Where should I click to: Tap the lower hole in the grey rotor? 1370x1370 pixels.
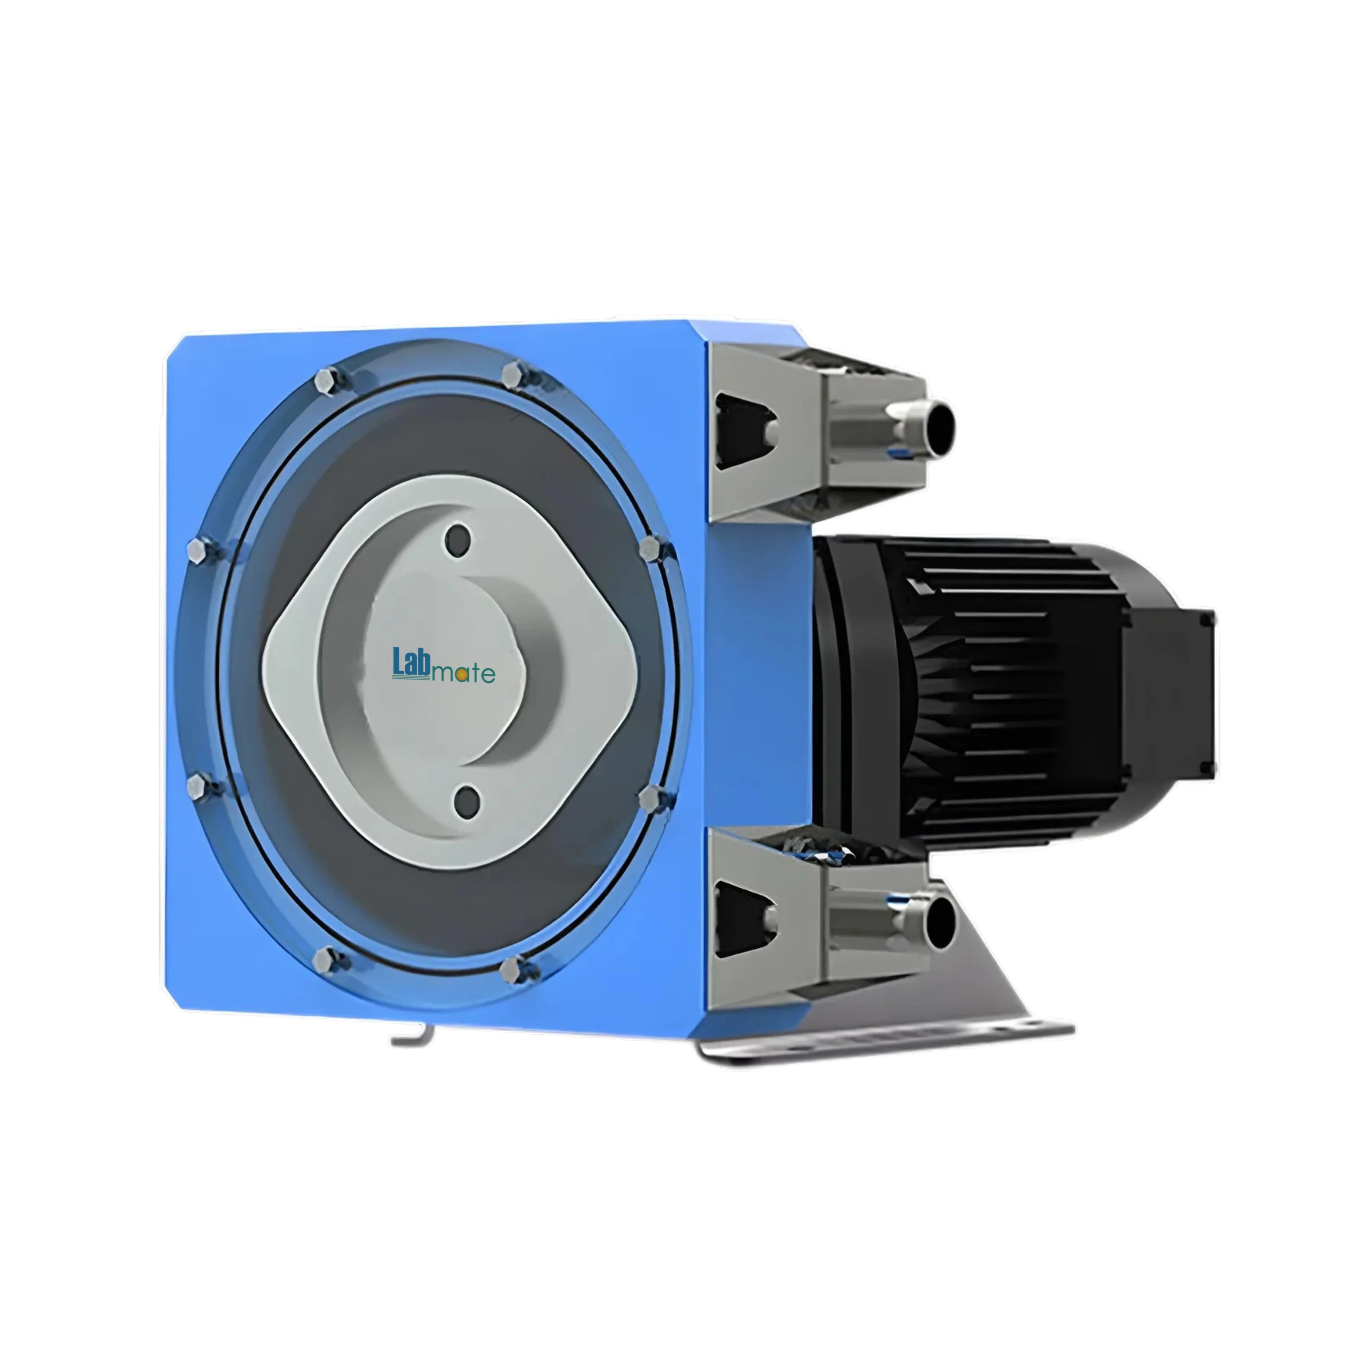point(467,799)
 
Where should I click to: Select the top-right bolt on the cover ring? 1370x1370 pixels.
point(514,373)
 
